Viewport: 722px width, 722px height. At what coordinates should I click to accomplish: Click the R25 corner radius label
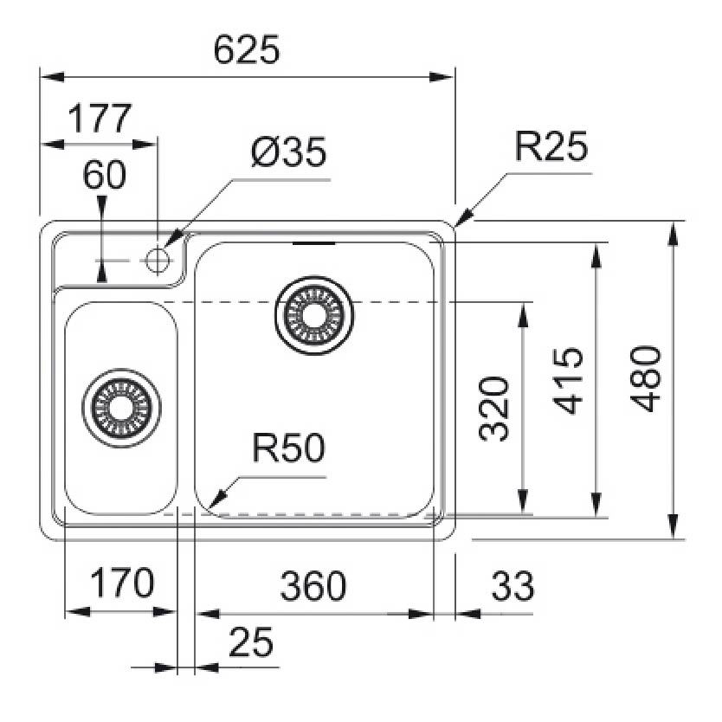[x=551, y=148]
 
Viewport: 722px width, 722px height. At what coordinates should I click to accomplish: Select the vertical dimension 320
[x=493, y=408]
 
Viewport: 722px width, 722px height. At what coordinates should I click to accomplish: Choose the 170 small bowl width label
[x=121, y=584]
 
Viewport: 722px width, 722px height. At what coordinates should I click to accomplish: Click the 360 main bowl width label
[x=313, y=586]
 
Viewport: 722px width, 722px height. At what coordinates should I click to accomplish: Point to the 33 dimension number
[x=512, y=586]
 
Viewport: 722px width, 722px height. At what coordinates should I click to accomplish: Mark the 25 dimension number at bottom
[x=251, y=642]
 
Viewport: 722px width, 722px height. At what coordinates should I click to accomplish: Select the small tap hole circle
[x=157, y=258]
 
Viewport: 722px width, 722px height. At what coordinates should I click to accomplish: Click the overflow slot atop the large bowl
[x=313, y=245]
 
